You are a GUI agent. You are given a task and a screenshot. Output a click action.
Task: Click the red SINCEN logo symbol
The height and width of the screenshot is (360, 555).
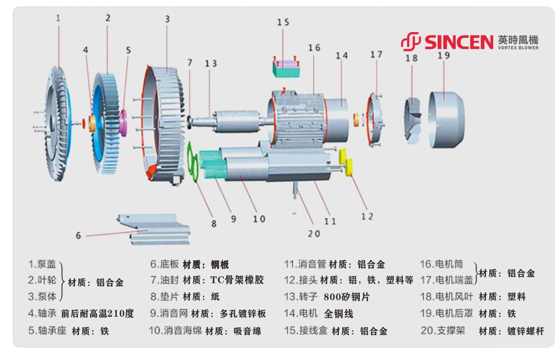point(410,41)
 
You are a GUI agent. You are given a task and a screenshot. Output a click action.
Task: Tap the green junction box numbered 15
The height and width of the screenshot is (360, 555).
point(285,68)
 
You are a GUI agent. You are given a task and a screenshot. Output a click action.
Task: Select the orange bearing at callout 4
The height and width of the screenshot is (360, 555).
point(91,124)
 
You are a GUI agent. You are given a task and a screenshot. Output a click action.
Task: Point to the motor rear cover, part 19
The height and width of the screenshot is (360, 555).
point(446,117)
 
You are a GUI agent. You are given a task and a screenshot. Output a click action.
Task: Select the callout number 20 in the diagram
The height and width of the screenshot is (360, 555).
point(314,234)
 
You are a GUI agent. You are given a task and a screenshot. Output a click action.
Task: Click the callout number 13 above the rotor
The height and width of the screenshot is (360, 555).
point(211,64)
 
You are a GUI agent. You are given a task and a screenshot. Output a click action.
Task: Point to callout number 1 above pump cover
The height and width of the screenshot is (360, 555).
point(58,18)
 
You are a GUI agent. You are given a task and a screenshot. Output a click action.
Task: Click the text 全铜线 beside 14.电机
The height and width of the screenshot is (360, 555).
point(339,314)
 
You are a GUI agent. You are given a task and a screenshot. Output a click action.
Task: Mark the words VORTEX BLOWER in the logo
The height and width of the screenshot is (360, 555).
point(518,48)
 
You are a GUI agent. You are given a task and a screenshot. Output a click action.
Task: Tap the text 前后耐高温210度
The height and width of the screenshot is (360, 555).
point(97,314)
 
